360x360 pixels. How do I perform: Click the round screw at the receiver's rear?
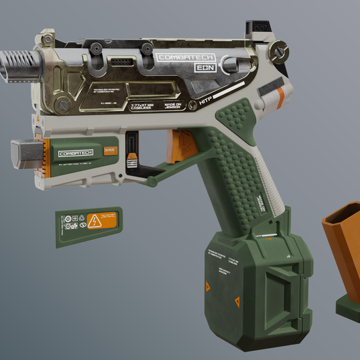tap(280, 50)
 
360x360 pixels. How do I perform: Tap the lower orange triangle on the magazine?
tap(237, 301)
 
